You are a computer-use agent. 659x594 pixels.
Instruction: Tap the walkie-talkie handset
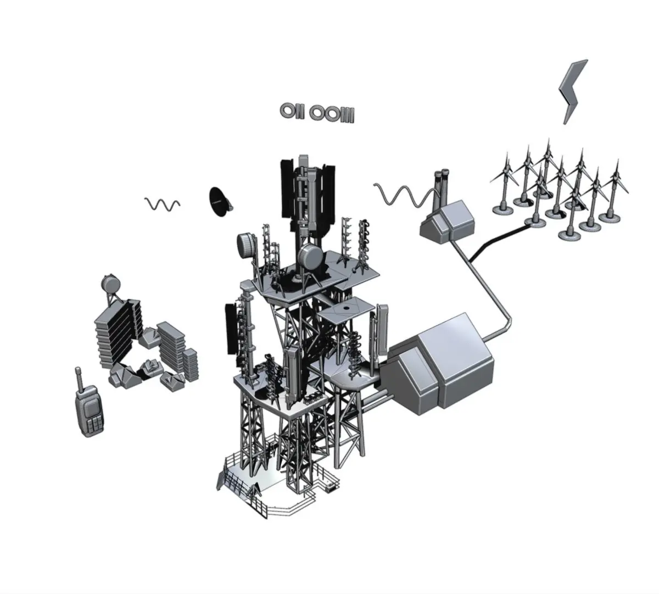click(90, 407)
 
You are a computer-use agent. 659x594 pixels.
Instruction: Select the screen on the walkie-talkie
click(91, 407)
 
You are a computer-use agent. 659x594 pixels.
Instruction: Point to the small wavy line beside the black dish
click(163, 204)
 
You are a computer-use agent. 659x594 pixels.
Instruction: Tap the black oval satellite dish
click(220, 202)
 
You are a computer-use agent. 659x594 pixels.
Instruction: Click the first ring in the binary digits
click(287, 111)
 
